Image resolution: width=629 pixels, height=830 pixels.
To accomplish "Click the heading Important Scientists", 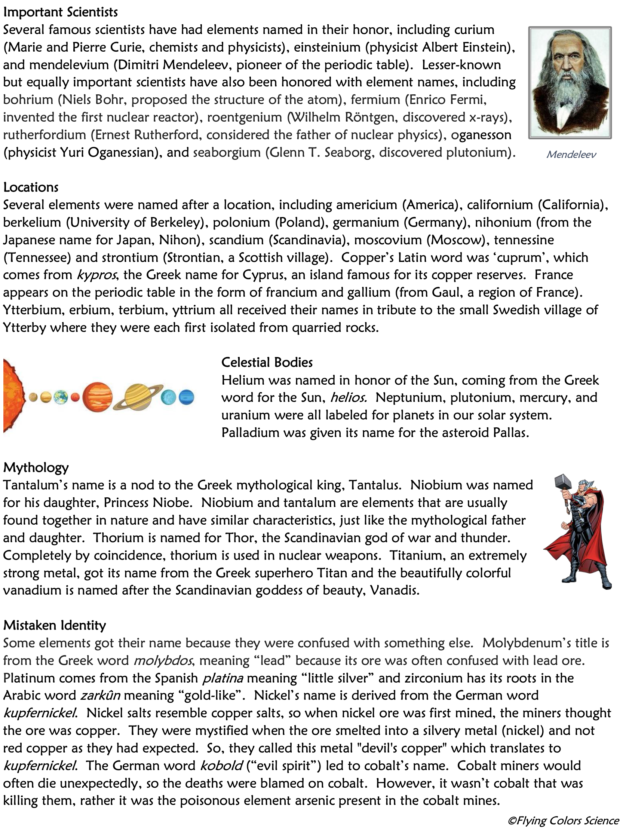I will click(60, 12).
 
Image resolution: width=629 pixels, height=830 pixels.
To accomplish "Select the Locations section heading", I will click(31, 187).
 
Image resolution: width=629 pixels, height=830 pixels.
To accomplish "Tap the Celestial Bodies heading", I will click(267, 363).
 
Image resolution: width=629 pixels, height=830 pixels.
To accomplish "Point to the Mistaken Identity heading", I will click(54, 626).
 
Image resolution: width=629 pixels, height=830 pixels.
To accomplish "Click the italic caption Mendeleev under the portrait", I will click(571, 155).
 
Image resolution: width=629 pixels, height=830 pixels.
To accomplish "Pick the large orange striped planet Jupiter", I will click(97, 397).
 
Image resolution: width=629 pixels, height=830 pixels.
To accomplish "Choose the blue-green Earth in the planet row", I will click(60, 397).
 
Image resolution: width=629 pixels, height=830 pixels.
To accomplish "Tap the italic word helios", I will click(348, 398).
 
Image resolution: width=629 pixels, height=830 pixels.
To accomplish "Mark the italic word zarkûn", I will click(100, 696).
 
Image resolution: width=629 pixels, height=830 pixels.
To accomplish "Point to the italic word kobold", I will click(221, 766).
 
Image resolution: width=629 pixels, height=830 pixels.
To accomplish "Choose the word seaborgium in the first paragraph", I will click(221, 153).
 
